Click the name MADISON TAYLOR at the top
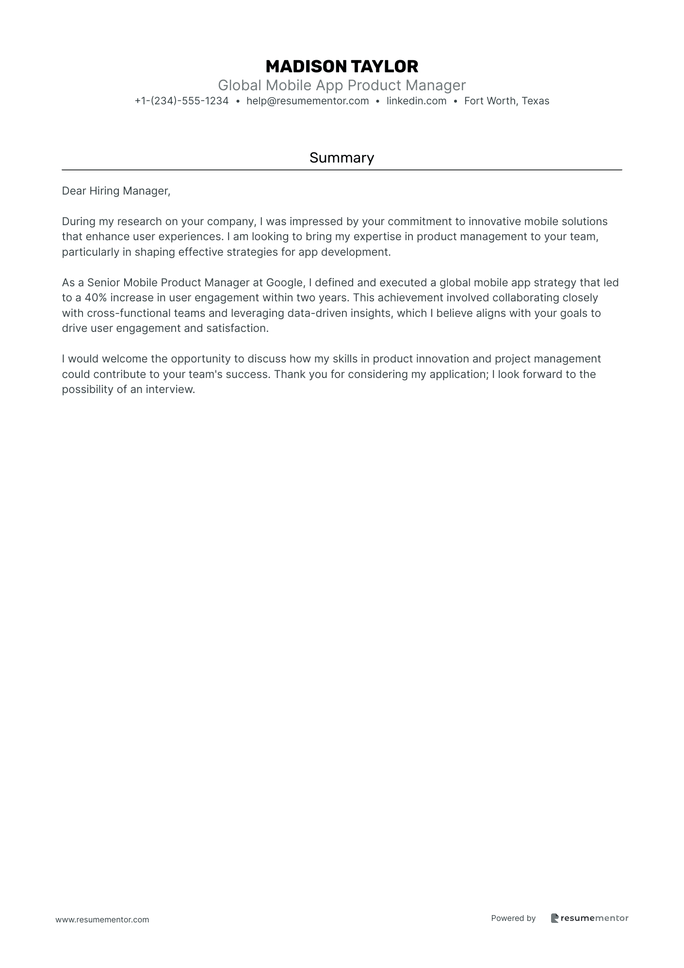point(342,66)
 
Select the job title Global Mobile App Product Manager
point(342,85)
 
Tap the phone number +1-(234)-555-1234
point(181,101)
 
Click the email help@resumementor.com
point(308,101)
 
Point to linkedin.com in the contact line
point(416,101)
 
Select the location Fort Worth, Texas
point(506,101)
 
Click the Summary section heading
point(342,158)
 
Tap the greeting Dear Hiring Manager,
point(116,191)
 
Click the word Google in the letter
point(284,282)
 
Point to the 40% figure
point(96,298)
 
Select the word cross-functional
point(129,313)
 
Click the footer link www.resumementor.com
point(102,919)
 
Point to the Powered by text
point(513,918)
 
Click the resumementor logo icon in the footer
point(555,918)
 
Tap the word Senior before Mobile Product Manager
point(103,282)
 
